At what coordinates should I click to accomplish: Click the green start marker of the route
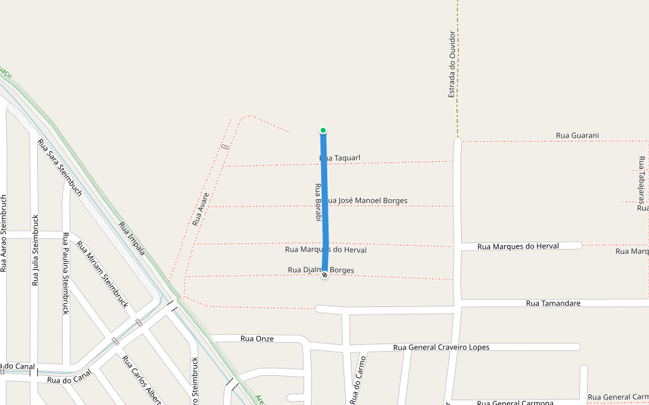point(323,130)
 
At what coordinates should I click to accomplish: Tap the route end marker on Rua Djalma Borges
point(324,275)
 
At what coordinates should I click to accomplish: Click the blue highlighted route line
point(324,202)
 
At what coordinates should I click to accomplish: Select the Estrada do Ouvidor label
point(452,64)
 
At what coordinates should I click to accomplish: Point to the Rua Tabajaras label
point(641,180)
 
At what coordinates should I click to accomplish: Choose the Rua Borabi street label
point(316,202)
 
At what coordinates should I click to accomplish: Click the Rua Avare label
point(201,209)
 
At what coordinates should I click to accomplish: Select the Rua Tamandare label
point(553,304)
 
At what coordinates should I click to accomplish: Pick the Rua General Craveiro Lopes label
point(441,348)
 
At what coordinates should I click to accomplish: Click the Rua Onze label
point(257,339)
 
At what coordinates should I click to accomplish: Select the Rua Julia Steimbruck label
point(35,250)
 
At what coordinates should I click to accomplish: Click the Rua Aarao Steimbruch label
point(3,234)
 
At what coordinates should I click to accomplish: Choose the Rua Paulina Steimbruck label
point(66,273)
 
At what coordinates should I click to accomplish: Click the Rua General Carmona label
point(514,403)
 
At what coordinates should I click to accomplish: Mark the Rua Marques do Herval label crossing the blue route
point(327,250)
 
